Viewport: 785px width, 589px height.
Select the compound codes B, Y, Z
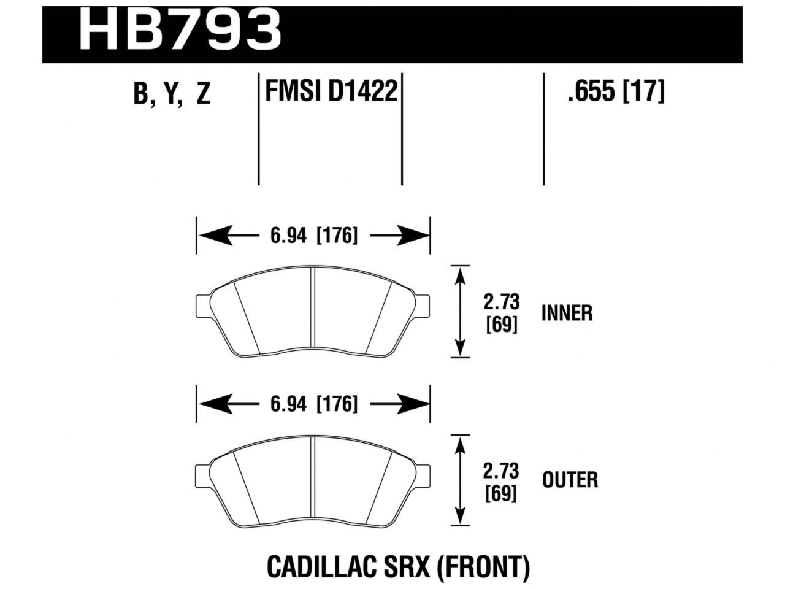click(x=172, y=94)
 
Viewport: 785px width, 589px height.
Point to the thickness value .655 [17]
click(x=616, y=92)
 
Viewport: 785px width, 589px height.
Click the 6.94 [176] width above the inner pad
click(x=313, y=235)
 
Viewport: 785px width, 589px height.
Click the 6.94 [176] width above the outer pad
click(x=313, y=404)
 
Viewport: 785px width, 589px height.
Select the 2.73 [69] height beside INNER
click(x=502, y=313)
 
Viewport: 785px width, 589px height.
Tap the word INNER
click(x=567, y=314)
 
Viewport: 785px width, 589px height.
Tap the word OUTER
click(x=570, y=480)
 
